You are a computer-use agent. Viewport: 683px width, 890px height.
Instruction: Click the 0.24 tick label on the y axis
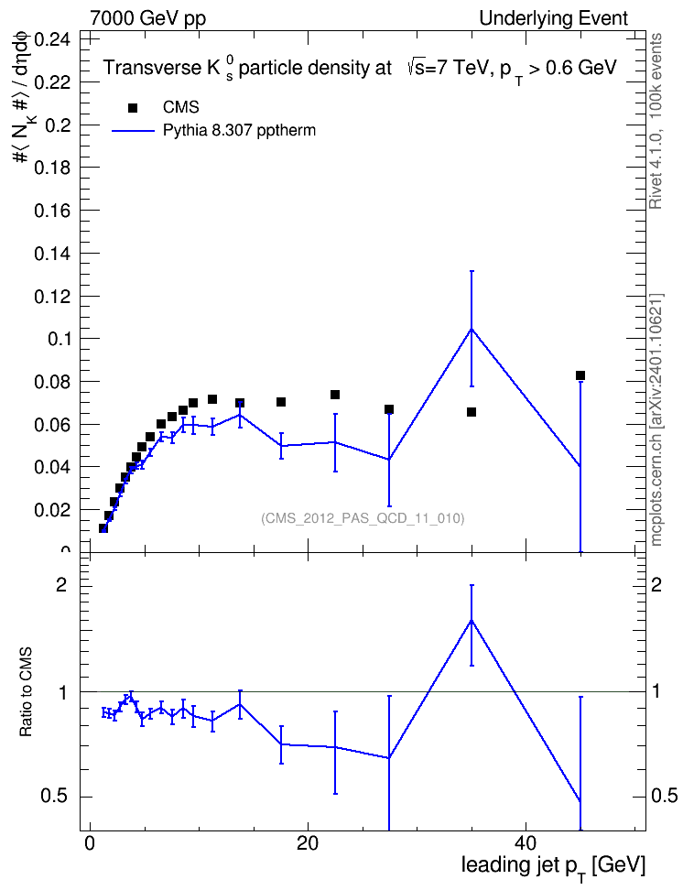coord(53,39)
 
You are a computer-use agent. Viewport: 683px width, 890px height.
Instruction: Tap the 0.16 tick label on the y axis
coord(53,211)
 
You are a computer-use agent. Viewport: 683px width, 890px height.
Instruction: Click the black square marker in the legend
coord(133,108)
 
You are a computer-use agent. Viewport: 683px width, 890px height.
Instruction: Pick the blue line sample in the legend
coord(133,131)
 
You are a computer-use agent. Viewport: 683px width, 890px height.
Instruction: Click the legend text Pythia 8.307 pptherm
coord(239,131)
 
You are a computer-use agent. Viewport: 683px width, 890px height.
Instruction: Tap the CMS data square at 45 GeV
coord(580,375)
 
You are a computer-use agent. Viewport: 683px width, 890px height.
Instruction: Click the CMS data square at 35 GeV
coord(472,412)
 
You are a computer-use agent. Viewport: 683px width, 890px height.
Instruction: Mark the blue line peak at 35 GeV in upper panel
coord(472,330)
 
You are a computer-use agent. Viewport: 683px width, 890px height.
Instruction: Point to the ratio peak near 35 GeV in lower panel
coord(472,621)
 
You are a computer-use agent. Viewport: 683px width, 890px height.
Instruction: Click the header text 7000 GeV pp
coord(147,18)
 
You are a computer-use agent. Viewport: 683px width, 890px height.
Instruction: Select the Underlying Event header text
coord(554,18)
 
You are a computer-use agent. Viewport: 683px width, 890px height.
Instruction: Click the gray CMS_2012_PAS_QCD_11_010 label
coord(363,518)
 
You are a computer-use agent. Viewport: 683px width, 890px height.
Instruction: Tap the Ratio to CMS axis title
coord(26,692)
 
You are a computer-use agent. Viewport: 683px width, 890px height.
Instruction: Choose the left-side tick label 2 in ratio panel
coord(61,585)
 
